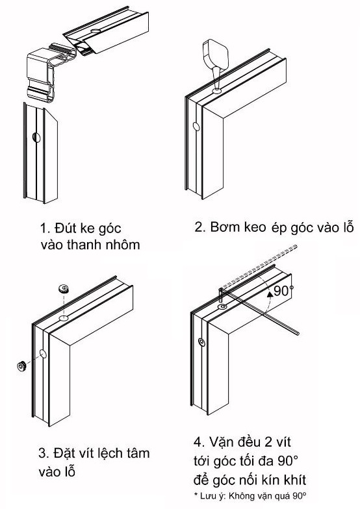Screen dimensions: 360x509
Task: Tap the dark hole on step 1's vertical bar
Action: pos(36,138)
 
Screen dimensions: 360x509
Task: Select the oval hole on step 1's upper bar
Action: pos(96,31)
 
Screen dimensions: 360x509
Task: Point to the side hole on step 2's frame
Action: pos(196,126)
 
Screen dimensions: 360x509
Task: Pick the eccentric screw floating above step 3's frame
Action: pos(64,288)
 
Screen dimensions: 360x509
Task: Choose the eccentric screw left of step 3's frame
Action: pos(21,366)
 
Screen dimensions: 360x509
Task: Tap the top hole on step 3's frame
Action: pos(64,317)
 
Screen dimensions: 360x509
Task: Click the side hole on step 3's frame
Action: pos(43,354)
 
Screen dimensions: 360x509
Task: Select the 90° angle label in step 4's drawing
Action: pos(283,291)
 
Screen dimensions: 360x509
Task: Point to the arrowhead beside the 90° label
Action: pos(269,295)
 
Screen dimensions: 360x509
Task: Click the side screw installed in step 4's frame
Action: pos(201,342)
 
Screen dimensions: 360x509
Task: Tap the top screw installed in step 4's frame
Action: pos(222,306)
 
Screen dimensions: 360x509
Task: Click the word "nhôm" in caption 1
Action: pos(125,245)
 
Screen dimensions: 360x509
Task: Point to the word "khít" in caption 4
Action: pos(294,480)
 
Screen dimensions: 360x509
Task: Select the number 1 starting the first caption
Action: pos(43,228)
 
